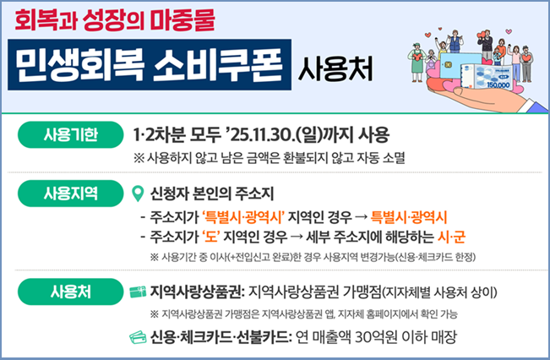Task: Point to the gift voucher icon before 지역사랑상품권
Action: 138,292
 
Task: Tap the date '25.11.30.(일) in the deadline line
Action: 292,135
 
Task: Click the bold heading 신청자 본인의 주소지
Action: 212,194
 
